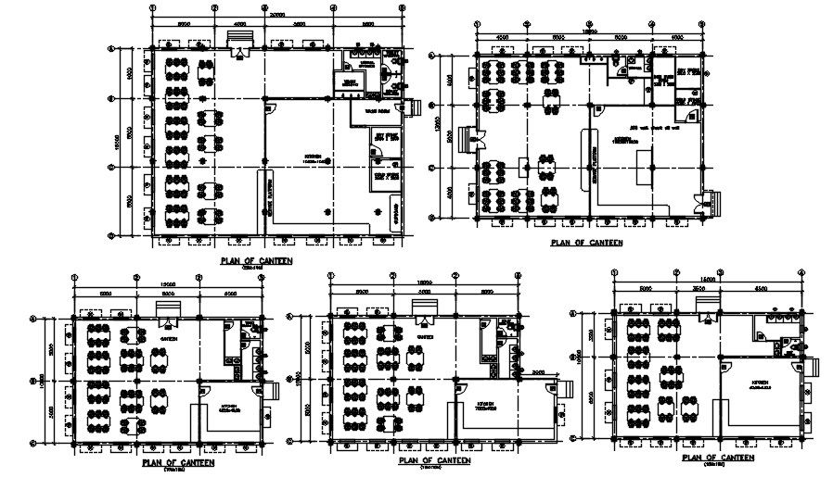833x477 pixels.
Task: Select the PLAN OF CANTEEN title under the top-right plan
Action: click(x=585, y=243)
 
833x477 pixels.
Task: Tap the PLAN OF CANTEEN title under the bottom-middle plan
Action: click(x=433, y=459)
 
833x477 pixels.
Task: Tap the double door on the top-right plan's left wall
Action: click(x=480, y=140)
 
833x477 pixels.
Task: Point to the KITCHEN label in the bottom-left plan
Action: click(x=229, y=405)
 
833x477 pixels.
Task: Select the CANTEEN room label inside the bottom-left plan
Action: click(x=168, y=339)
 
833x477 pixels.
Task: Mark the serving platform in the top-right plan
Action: click(x=585, y=158)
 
